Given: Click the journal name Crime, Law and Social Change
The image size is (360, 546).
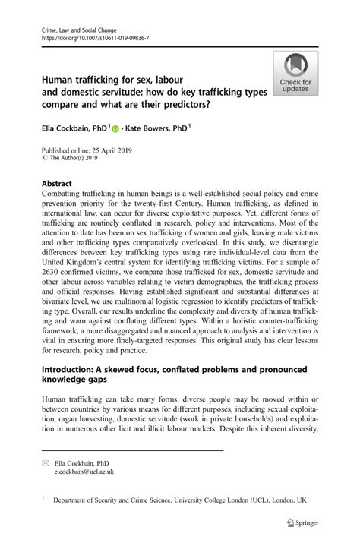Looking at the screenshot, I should point(69,27).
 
